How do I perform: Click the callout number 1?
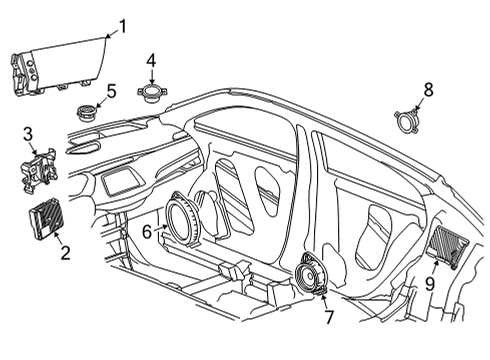[x=124, y=26]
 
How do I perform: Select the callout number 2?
[x=65, y=253]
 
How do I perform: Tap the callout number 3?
[x=28, y=133]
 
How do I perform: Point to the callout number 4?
[x=151, y=60]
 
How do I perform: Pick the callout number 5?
[x=112, y=91]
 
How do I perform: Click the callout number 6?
[x=146, y=231]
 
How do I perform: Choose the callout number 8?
[x=428, y=90]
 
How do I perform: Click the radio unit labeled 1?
[x=55, y=68]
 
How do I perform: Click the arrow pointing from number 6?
[x=161, y=229]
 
